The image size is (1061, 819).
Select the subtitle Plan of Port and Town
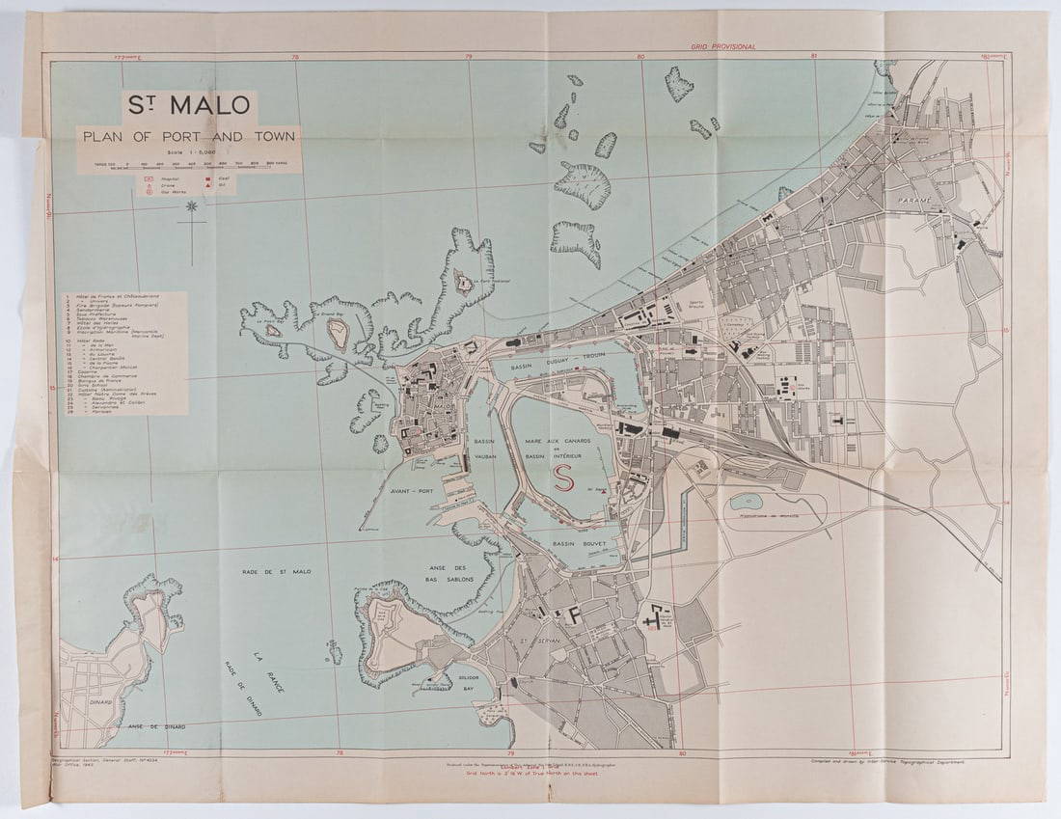(x=189, y=136)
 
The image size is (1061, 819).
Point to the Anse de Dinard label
(x=142, y=725)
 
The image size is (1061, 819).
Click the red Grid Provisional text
(x=722, y=46)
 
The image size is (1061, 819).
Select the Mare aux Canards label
(x=562, y=441)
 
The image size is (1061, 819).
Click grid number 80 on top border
(x=640, y=56)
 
